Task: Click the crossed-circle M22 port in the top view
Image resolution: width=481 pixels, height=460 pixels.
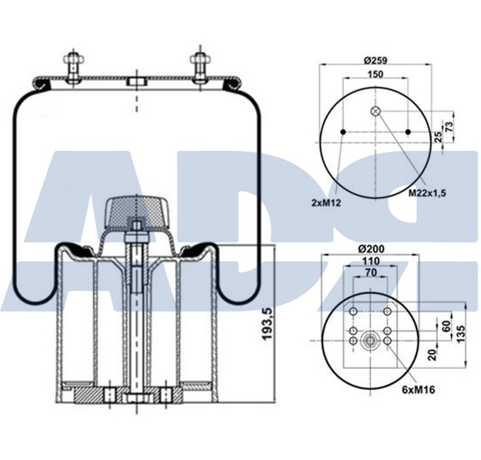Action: (x=376, y=111)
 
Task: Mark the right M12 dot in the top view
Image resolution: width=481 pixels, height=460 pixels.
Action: (x=408, y=131)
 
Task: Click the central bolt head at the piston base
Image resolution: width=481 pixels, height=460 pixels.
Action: (x=137, y=400)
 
